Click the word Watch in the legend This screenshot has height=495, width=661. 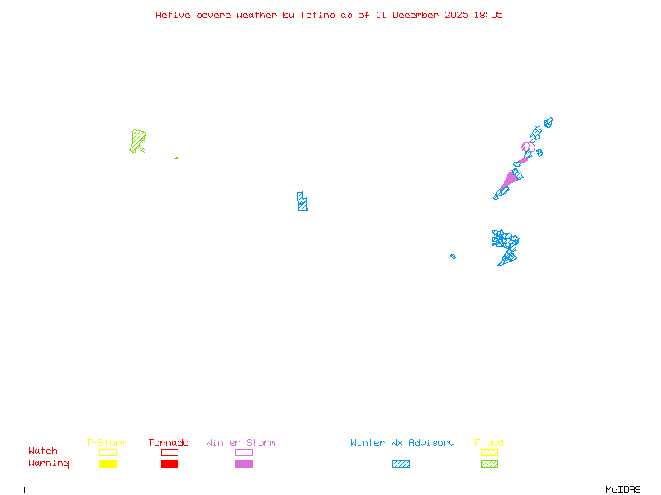[x=43, y=451]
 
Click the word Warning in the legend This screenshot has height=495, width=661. [x=48, y=464]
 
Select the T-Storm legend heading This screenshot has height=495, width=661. [x=107, y=442]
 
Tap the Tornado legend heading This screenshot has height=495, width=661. [x=169, y=442]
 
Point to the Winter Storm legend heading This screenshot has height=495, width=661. [x=240, y=442]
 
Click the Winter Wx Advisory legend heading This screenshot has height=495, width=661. [x=402, y=442]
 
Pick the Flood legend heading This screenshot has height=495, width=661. [x=489, y=442]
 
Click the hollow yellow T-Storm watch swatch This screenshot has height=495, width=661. [x=107, y=452]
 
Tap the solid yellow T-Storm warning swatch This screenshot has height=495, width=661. [x=107, y=464]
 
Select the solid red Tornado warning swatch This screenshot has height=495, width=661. [x=169, y=464]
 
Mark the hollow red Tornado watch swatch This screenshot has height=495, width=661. [x=169, y=452]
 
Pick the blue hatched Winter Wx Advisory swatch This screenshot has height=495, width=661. [x=401, y=464]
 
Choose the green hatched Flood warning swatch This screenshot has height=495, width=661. [x=489, y=464]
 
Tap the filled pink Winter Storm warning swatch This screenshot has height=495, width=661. [x=244, y=464]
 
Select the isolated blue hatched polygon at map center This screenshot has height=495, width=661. [x=302, y=201]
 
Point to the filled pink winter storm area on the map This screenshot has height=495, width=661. [x=509, y=180]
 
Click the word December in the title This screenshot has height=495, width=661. [x=418, y=15]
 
